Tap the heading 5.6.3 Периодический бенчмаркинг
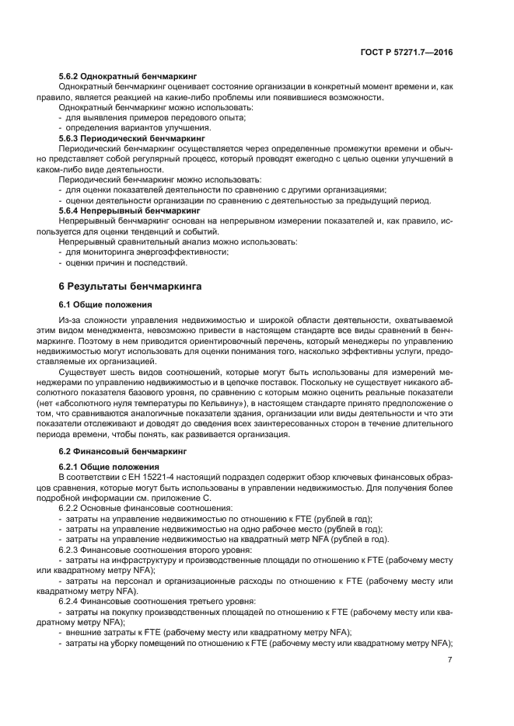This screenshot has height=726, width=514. tap(122, 137)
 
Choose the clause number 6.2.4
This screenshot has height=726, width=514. tap(70, 601)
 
